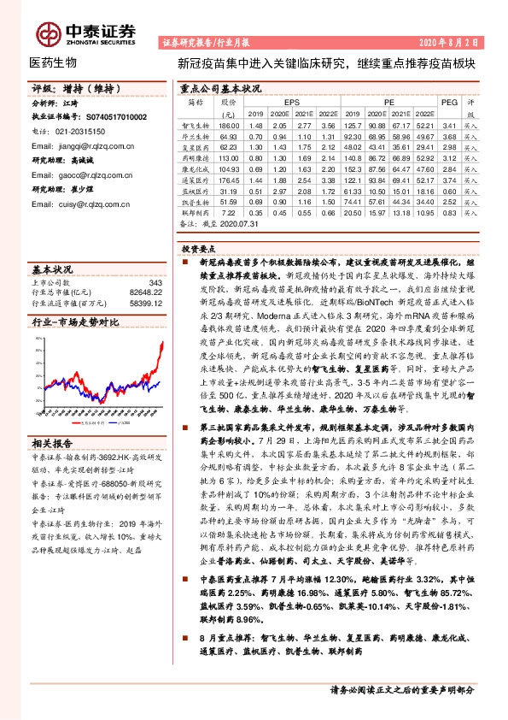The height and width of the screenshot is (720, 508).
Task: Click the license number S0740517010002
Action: pos(107,117)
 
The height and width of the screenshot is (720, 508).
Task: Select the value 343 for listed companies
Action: pos(155,283)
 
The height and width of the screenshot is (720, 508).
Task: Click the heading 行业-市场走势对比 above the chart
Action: pos(75,324)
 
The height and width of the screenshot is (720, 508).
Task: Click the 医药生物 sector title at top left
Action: pos(54,62)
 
